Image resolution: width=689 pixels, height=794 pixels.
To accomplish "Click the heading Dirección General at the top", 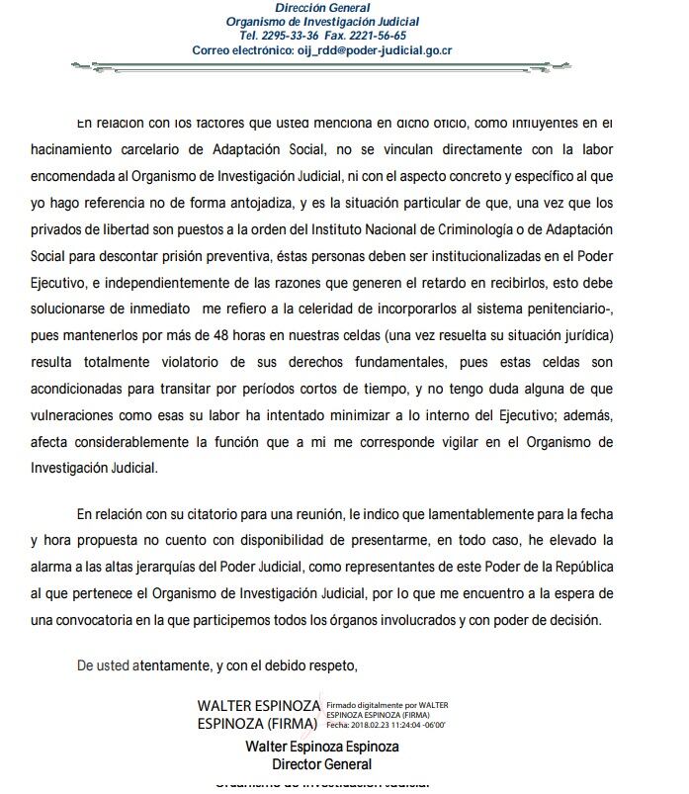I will coord(322,8).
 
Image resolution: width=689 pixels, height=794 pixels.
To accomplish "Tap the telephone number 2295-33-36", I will coord(285,36).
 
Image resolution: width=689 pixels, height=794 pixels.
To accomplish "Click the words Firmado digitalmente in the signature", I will coord(373,705).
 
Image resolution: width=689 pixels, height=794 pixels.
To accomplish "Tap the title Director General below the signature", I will coord(322,764).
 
